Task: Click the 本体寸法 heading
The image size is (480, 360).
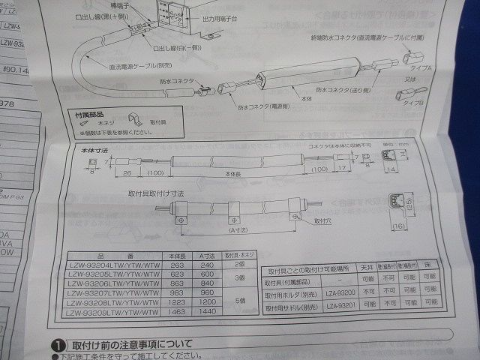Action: pos(95,151)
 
